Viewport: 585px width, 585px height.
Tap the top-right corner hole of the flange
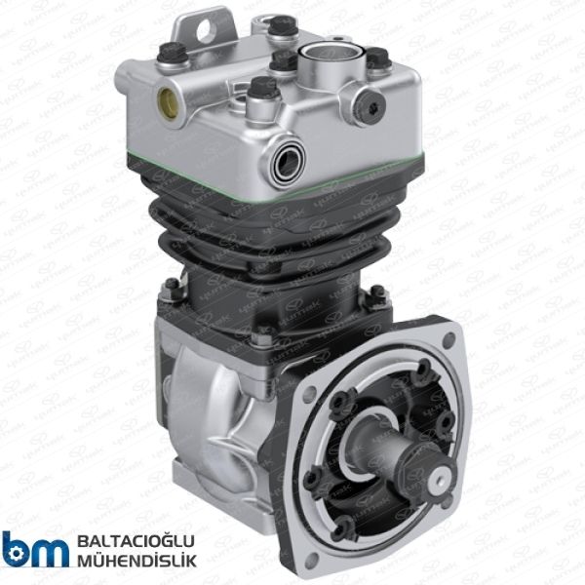448,340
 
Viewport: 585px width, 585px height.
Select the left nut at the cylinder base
172,286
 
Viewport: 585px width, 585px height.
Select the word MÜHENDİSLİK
135,561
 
